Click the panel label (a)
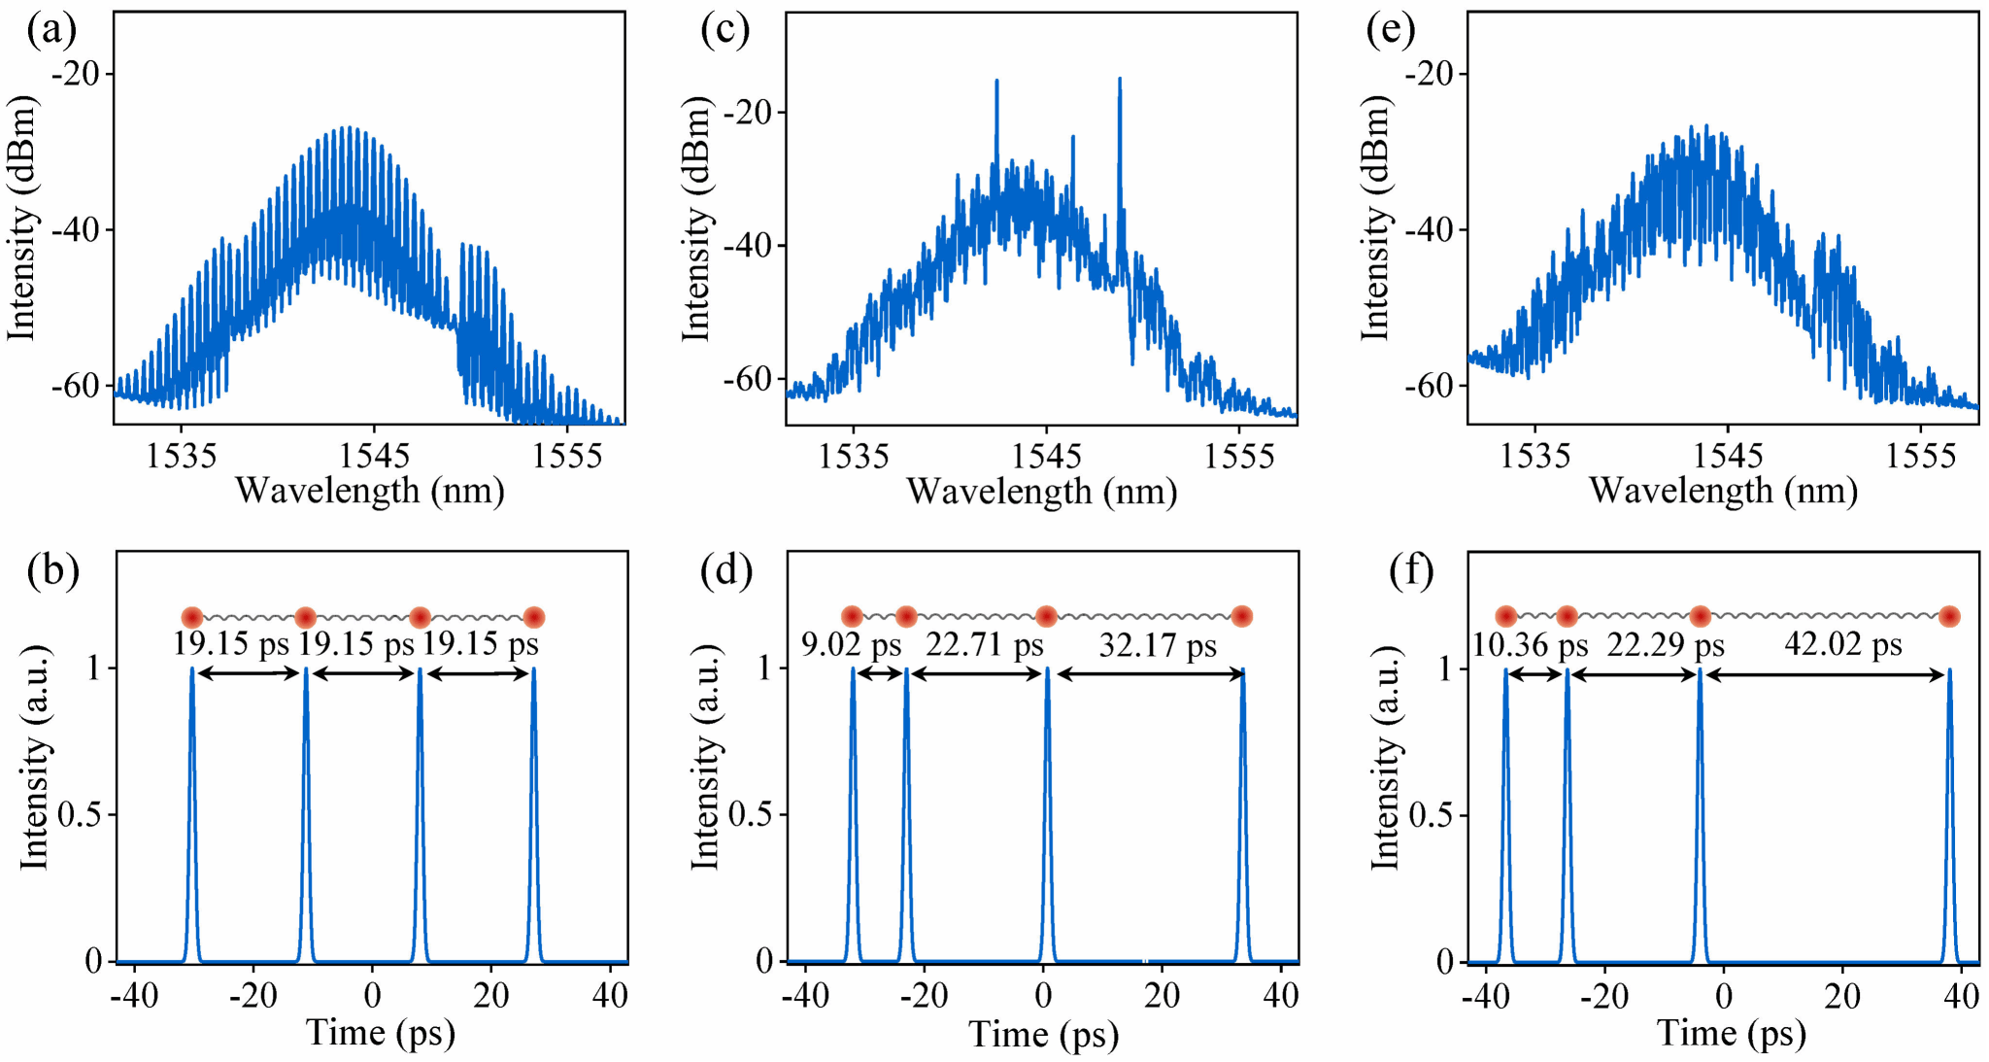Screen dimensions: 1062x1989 pyautogui.click(x=51, y=31)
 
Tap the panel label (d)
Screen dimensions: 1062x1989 pyautogui.click(x=725, y=571)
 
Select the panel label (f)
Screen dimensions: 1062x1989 pyautogui.click(x=1410, y=571)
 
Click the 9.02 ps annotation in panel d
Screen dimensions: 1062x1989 pyautogui.click(x=851, y=645)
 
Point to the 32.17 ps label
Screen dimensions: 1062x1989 pyautogui.click(x=1158, y=645)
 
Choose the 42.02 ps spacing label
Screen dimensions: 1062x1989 pyautogui.click(x=1842, y=644)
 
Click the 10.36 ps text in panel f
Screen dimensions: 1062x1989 pyautogui.click(x=1530, y=645)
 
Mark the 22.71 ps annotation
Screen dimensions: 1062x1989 pyautogui.click(x=984, y=644)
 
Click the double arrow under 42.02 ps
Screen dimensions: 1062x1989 pyautogui.click(x=1825, y=675)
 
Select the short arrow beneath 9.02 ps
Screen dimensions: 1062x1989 pyautogui.click(x=880, y=675)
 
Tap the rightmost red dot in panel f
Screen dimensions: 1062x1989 pyautogui.click(x=1949, y=616)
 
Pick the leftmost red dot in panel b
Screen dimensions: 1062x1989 pyautogui.click(x=192, y=617)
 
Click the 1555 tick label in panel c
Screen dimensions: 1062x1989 pyautogui.click(x=1238, y=456)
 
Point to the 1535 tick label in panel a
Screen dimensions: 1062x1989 pyautogui.click(x=181, y=455)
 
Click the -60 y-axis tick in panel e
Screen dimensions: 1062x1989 pyautogui.click(x=1435, y=386)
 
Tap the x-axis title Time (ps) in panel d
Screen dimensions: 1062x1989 pyautogui.click(x=1043, y=1034)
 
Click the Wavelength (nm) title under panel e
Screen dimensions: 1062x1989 pyautogui.click(x=1723, y=490)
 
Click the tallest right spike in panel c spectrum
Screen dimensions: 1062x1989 pyautogui.click(x=1120, y=80)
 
